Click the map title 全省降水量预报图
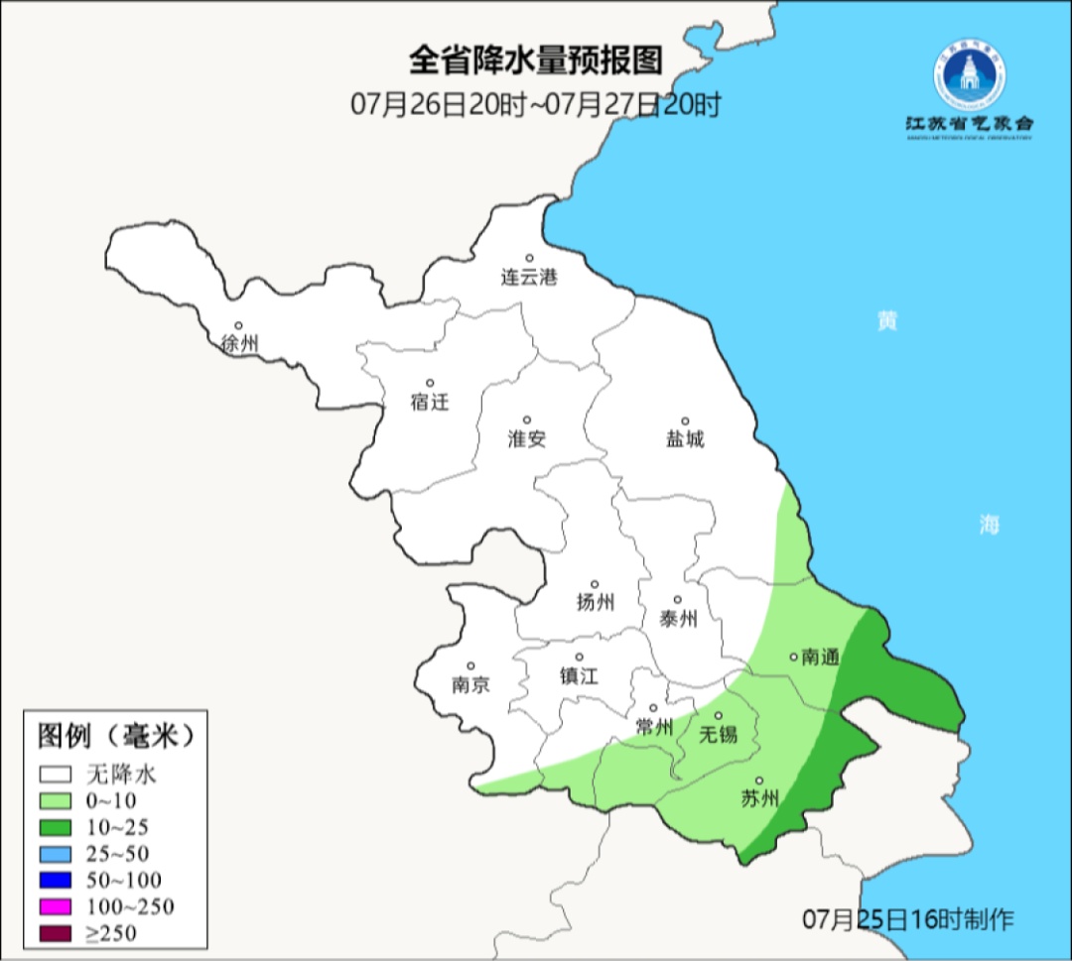[x=535, y=61]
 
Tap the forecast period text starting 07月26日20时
[x=535, y=104]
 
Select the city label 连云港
[x=529, y=278]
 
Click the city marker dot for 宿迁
[x=430, y=383]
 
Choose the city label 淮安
[x=527, y=439]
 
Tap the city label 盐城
[x=685, y=439]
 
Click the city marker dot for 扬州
[x=595, y=584]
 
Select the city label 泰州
[x=678, y=619]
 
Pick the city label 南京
[x=470, y=684]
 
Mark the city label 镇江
[x=580, y=675]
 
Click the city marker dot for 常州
[x=653, y=708]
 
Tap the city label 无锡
[x=719, y=735]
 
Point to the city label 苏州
[x=760, y=799]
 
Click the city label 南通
[x=821, y=657]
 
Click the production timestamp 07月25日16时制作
[x=908, y=919]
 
